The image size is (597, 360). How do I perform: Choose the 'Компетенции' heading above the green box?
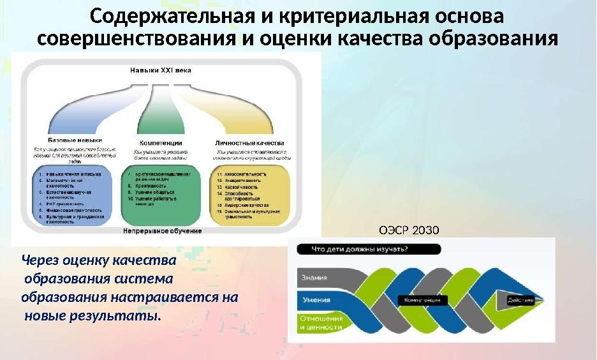click(161, 142)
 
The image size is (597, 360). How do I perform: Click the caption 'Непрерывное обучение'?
click(163, 230)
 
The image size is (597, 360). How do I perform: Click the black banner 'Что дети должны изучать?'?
click(357, 250)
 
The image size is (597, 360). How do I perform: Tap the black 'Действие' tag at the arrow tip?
click(522, 299)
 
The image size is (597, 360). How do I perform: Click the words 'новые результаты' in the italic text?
click(92, 315)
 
